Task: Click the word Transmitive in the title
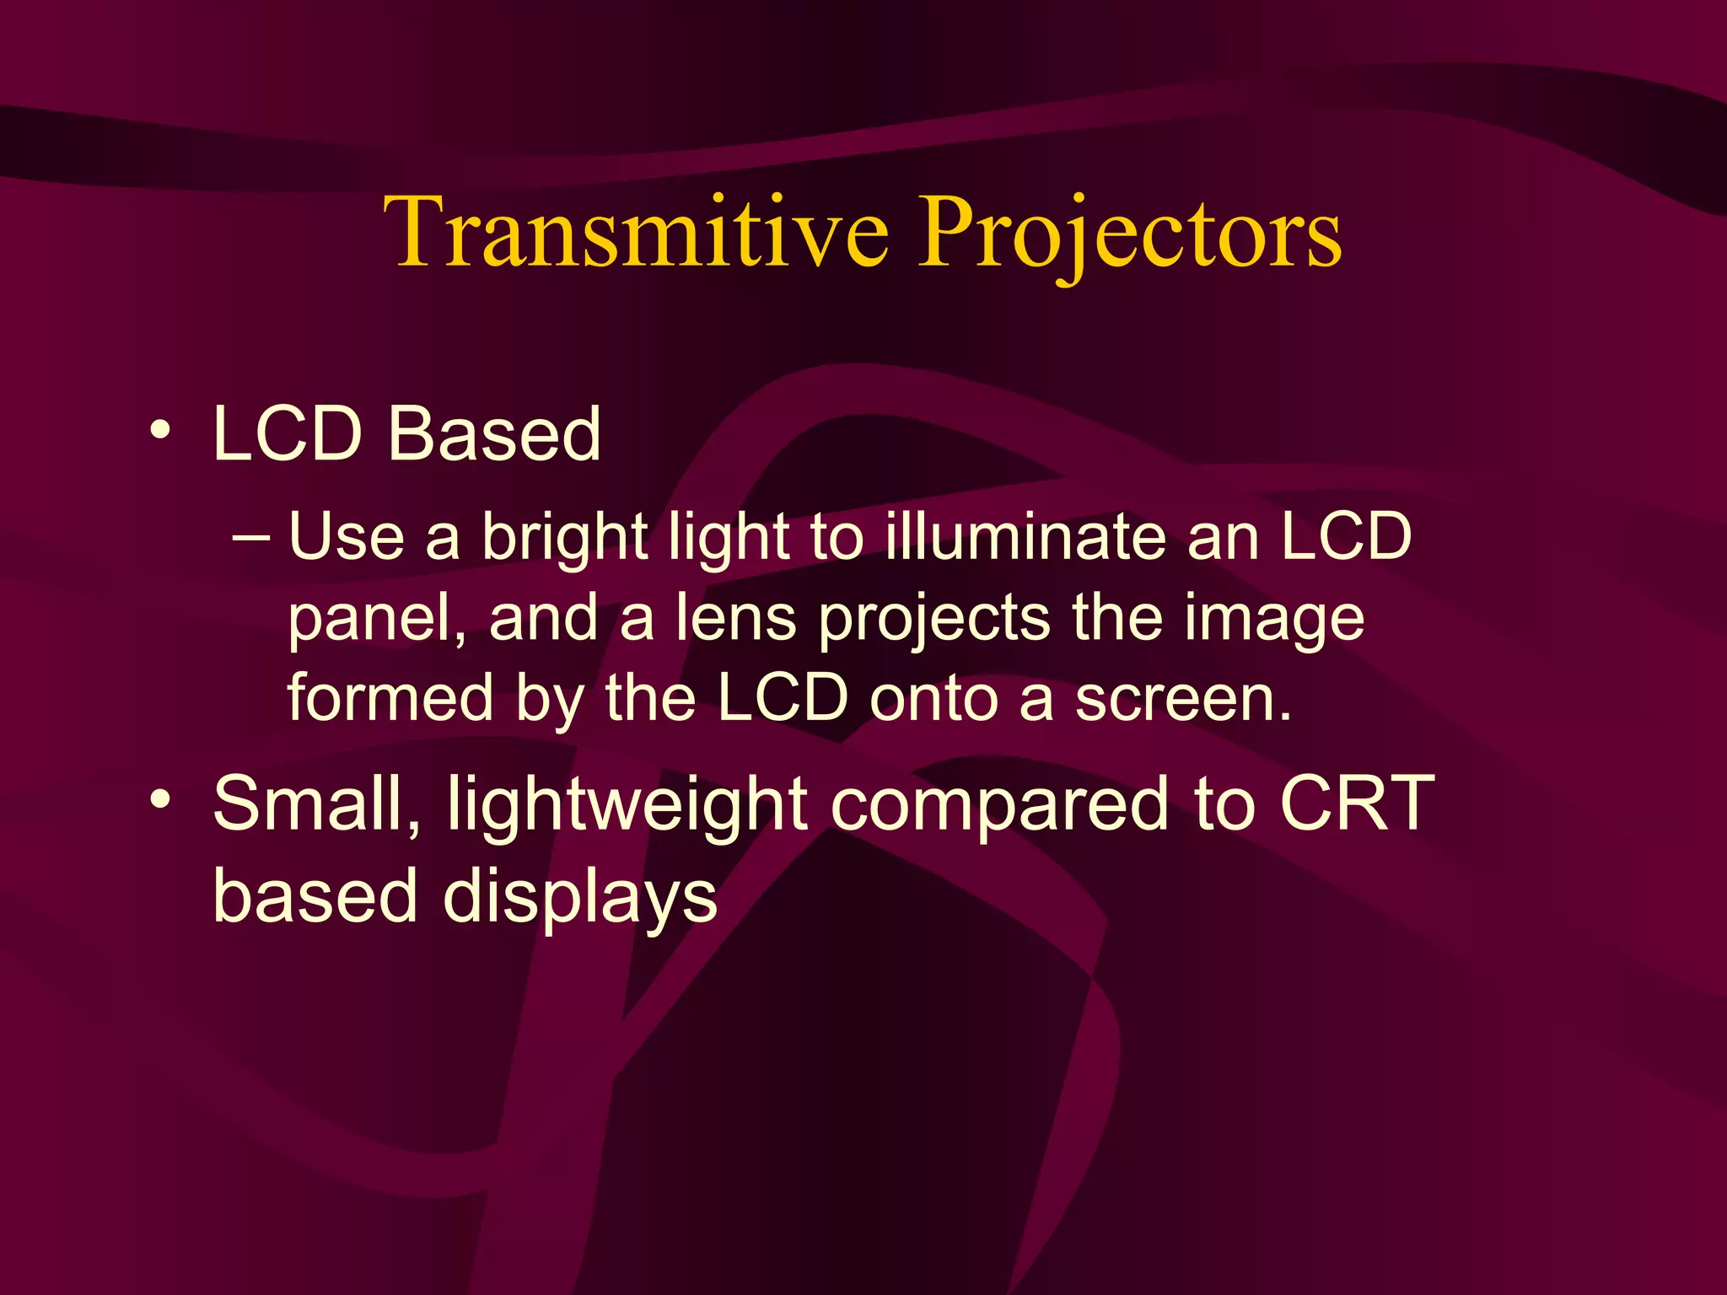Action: (x=637, y=232)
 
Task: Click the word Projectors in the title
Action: (x=1130, y=234)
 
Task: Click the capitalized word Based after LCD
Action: (x=494, y=434)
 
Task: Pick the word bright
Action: (x=563, y=538)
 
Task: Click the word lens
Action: (x=735, y=618)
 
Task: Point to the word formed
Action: (x=390, y=698)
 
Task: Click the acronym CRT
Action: (x=1356, y=803)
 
